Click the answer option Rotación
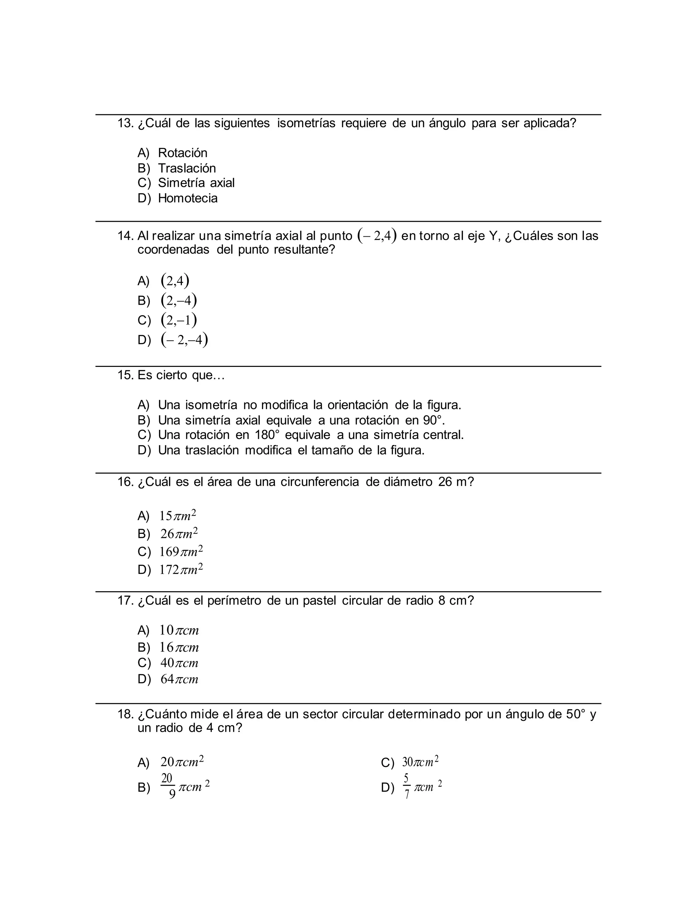click(182, 153)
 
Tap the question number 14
click(125, 236)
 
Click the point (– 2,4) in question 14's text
click(377, 236)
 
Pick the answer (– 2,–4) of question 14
click(184, 340)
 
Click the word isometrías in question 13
click(306, 123)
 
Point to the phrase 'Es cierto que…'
click(181, 375)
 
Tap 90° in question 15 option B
click(433, 420)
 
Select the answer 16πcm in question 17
click(179, 647)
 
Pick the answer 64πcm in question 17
click(179, 679)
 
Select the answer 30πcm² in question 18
click(420, 762)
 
